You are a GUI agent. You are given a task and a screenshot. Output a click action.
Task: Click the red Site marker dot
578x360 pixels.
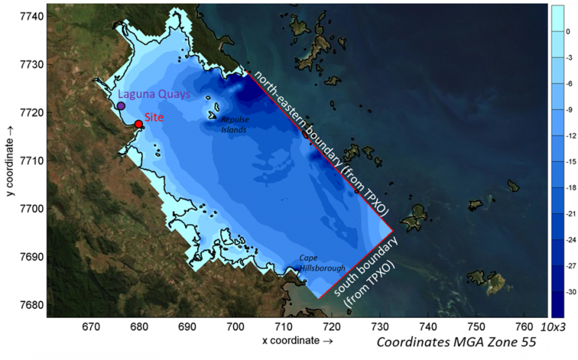(138, 124)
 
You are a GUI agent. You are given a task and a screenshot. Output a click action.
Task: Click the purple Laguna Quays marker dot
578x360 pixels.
(120, 106)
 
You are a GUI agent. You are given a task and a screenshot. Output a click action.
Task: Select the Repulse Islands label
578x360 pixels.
(233, 124)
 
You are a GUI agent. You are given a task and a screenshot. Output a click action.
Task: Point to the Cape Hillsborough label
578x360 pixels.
(322, 263)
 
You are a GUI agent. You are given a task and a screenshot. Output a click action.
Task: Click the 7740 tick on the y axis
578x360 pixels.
(30, 16)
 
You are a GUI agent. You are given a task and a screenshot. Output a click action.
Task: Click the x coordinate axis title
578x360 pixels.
(294, 340)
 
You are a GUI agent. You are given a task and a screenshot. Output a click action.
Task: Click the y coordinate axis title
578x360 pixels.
(11, 161)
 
